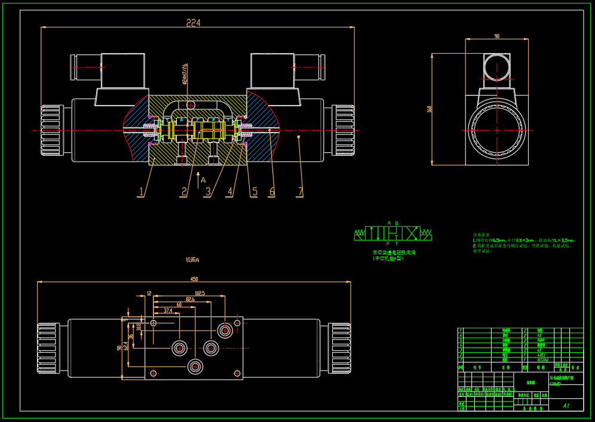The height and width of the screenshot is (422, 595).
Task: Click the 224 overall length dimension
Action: coord(193,23)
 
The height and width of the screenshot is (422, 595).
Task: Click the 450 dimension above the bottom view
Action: coord(194,279)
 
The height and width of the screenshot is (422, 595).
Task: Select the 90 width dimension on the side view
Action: coord(496,36)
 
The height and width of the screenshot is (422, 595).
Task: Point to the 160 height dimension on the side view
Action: coord(429,109)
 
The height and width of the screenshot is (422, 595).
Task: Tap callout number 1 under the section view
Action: coord(141,192)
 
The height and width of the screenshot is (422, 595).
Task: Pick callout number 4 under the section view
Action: coord(229,192)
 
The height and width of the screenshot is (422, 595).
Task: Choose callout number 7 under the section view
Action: coord(300,192)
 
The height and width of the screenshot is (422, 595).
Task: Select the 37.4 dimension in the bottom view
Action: coord(168,311)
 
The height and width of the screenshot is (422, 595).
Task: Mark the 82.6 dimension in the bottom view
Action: coord(190,299)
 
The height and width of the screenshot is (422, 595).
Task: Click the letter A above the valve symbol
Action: coord(389,223)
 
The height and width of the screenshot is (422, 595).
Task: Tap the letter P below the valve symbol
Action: coord(388,243)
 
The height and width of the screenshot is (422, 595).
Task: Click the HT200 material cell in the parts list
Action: coord(542,359)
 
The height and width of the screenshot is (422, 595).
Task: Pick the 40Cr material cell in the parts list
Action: coord(541,355)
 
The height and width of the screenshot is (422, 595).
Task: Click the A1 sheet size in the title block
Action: coord(566,405)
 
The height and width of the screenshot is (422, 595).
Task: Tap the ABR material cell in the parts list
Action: coord(541,340)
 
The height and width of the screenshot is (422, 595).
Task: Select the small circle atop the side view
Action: coord(497,66)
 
